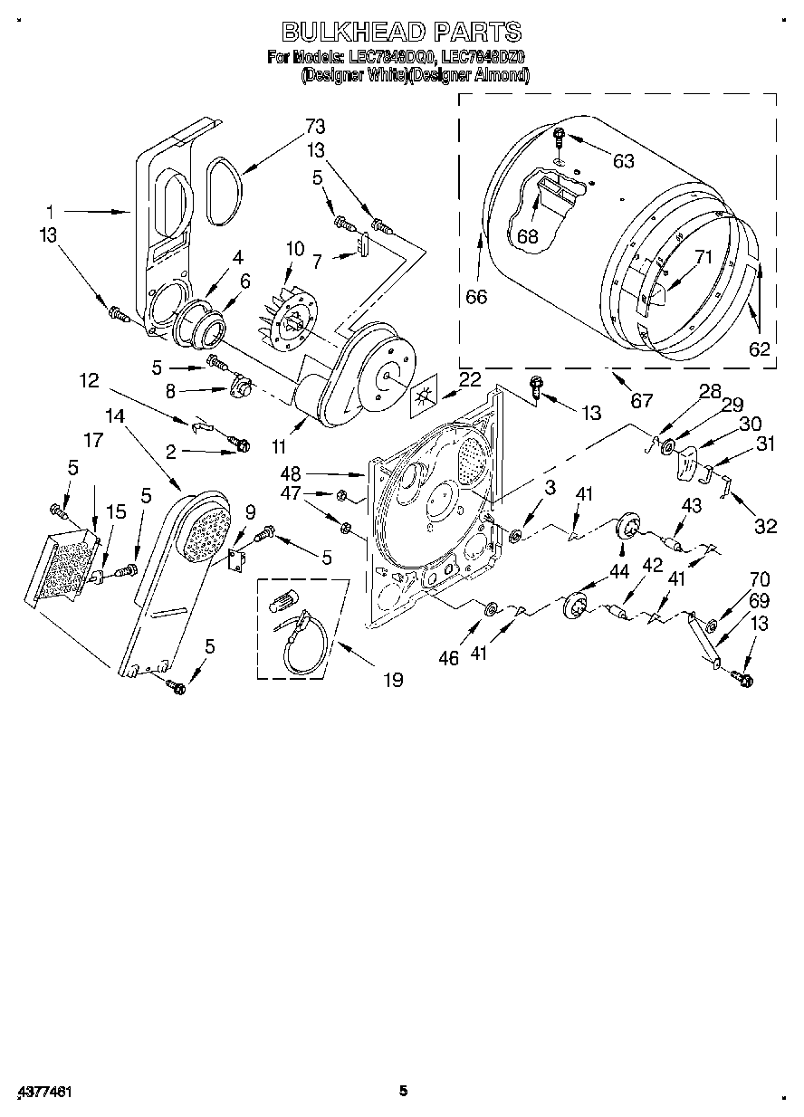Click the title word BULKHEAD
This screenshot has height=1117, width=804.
pyautogui.click(x=353, y=33)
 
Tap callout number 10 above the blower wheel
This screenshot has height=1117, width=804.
pyautogui.click(x=295, y=247)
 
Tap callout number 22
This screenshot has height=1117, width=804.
pyautogui.click(x=469, y=381)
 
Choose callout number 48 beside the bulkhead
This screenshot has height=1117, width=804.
pyautogui.click(x=316, y=473)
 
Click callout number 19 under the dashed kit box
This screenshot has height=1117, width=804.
pyautogui.click(x=393, y=679)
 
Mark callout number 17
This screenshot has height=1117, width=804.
pyautogui.click(x=93, y=440)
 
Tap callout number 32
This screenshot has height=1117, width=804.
pyautogui.click(x=766, y=527)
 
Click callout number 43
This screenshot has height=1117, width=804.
pyautogui.click(x=691, y=506)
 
